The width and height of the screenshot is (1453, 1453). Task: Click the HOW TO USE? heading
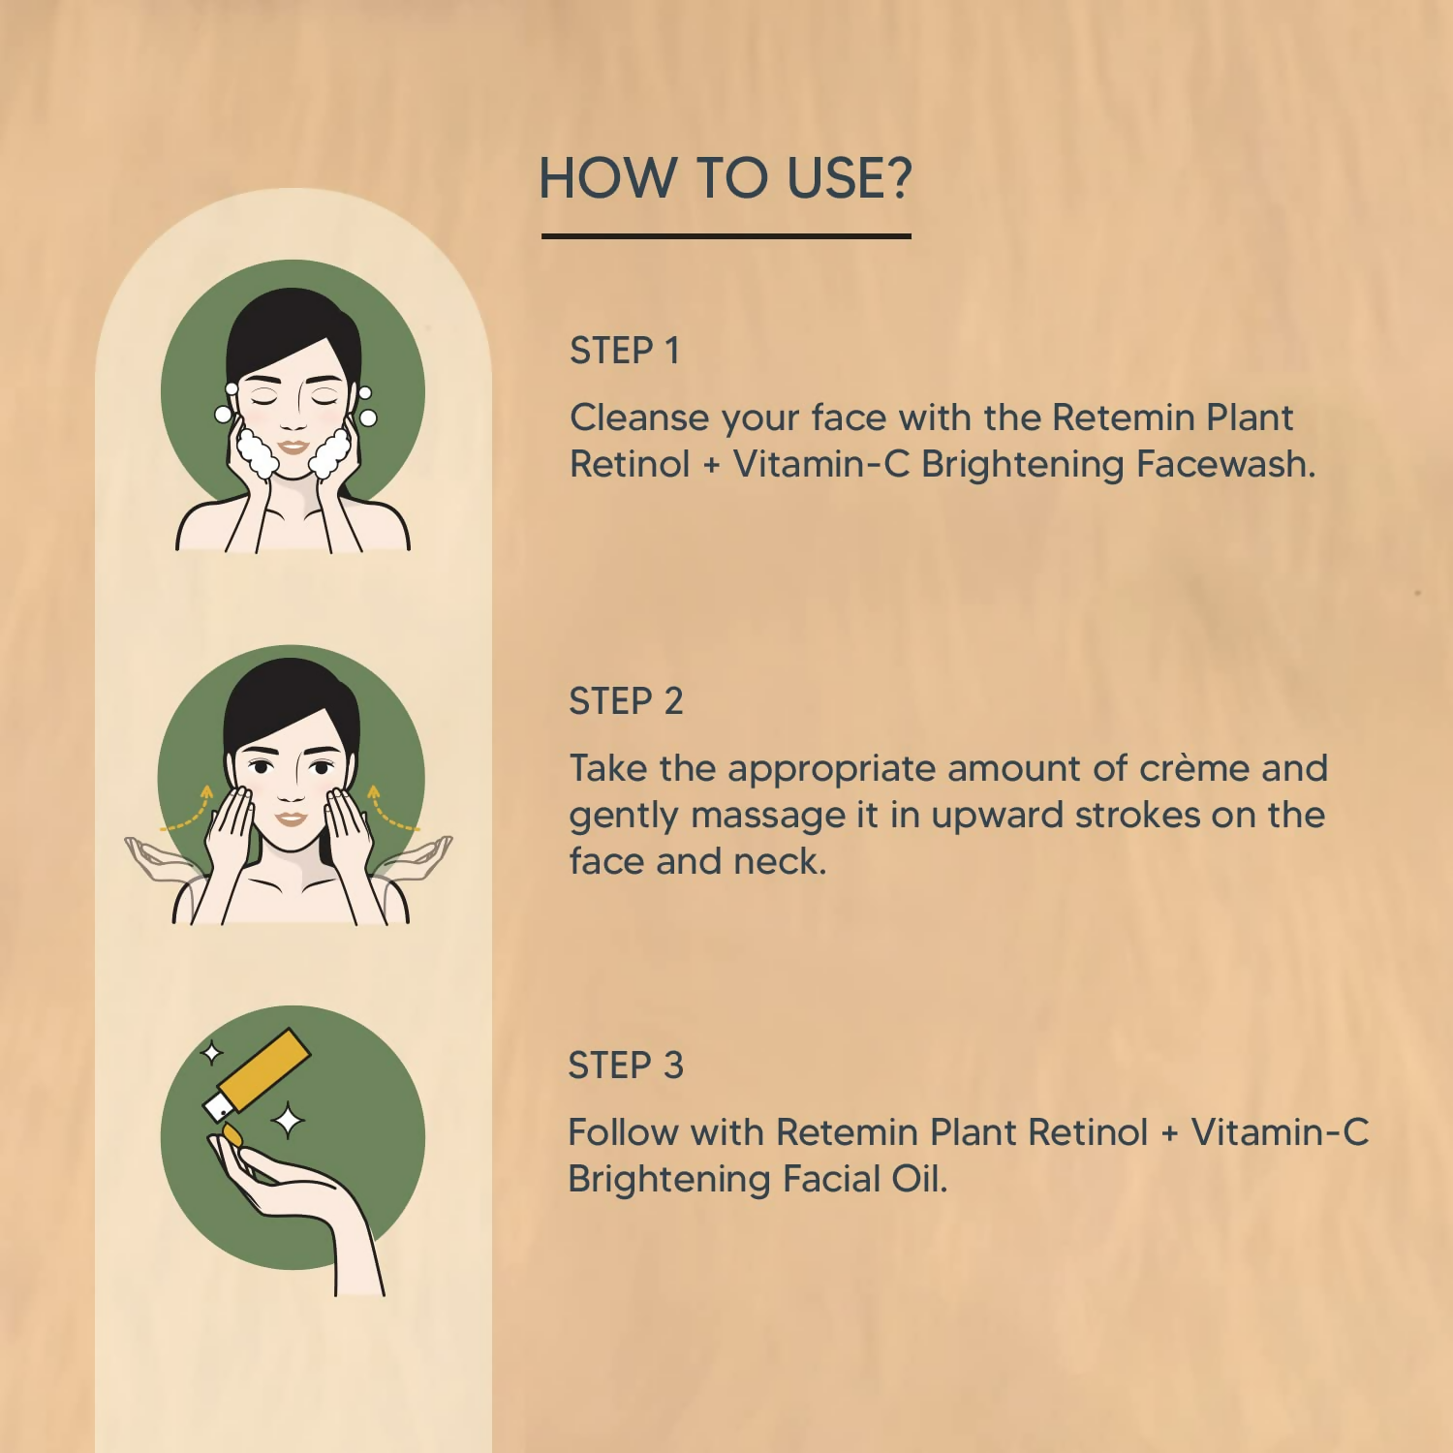coord(726,178)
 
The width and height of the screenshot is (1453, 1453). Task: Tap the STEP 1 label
coord(625,351)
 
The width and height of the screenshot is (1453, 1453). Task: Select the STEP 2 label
coord(626,701)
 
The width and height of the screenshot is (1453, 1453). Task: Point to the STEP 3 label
coord(626,1066)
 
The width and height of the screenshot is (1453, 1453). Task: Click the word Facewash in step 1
coord(1225,464)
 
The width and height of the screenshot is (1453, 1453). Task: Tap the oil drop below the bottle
coord(232,1133)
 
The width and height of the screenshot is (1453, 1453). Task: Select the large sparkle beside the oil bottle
coord(288,1121)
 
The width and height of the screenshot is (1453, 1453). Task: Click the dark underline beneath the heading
coord(726,235)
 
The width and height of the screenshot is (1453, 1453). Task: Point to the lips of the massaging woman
coord(292,819)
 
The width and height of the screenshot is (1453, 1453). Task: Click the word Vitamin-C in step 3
coord(1280,1132)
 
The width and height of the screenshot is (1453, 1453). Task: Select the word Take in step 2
coord(607,768)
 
